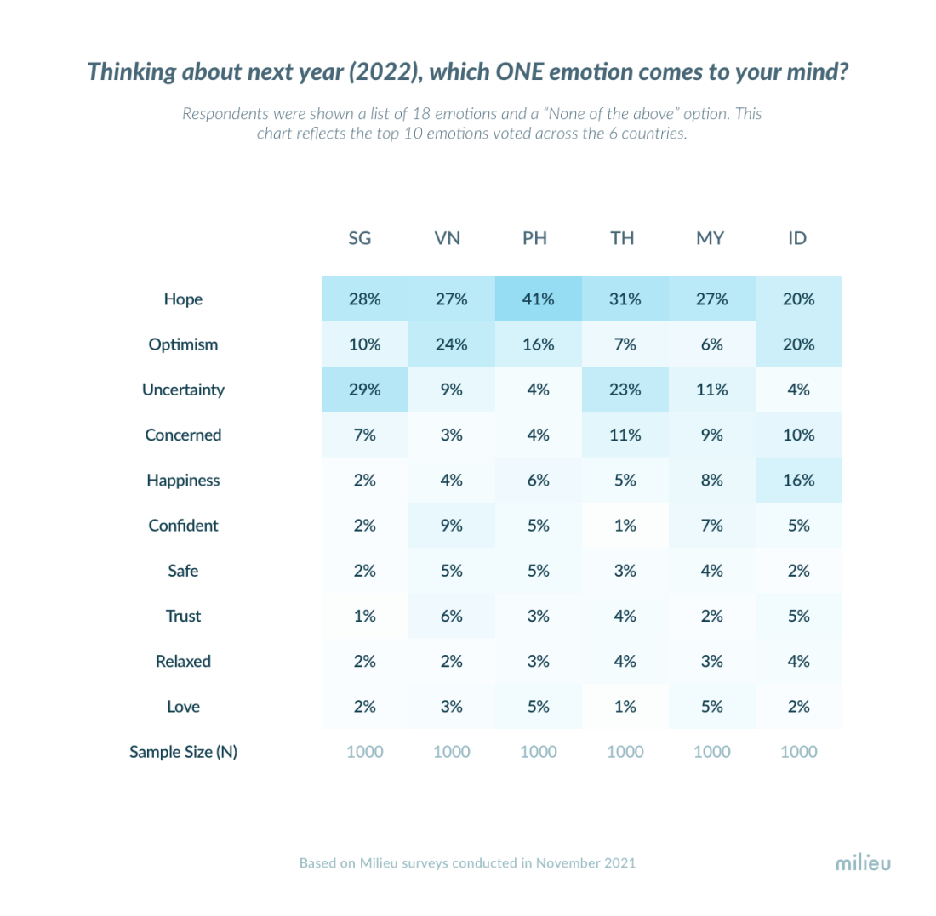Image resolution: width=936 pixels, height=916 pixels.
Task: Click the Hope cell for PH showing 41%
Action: [539, 299]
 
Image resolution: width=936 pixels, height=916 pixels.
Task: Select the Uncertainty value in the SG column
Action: [364, 390]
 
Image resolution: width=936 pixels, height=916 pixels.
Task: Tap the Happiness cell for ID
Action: [799, 481]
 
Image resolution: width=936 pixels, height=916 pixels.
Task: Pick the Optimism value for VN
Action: [451, 344]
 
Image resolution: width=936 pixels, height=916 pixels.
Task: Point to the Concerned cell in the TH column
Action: [625, 435]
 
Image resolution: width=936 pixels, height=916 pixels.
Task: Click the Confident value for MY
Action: [712, 526]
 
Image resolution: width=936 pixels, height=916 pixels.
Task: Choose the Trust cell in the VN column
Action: [451, 616]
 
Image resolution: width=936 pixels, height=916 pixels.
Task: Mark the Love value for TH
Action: [625, 707]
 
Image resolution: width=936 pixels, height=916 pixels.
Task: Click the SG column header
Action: [360, 239]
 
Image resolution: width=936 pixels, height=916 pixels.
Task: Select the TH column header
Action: [622, 239]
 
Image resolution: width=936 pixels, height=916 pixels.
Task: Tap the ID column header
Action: [797, 239]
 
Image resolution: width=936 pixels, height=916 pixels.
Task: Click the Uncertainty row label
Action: [183, 390]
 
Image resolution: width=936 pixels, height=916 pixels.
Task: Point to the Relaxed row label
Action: [183, 661]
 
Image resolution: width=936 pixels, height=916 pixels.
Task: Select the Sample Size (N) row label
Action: [183, 752]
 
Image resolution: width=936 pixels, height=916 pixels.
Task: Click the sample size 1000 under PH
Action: [539, 752]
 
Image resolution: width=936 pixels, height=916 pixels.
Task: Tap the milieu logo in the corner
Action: [863, 863]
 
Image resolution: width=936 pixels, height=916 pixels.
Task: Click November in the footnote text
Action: [562, 862]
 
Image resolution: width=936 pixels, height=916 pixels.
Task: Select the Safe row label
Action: [183, 571]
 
